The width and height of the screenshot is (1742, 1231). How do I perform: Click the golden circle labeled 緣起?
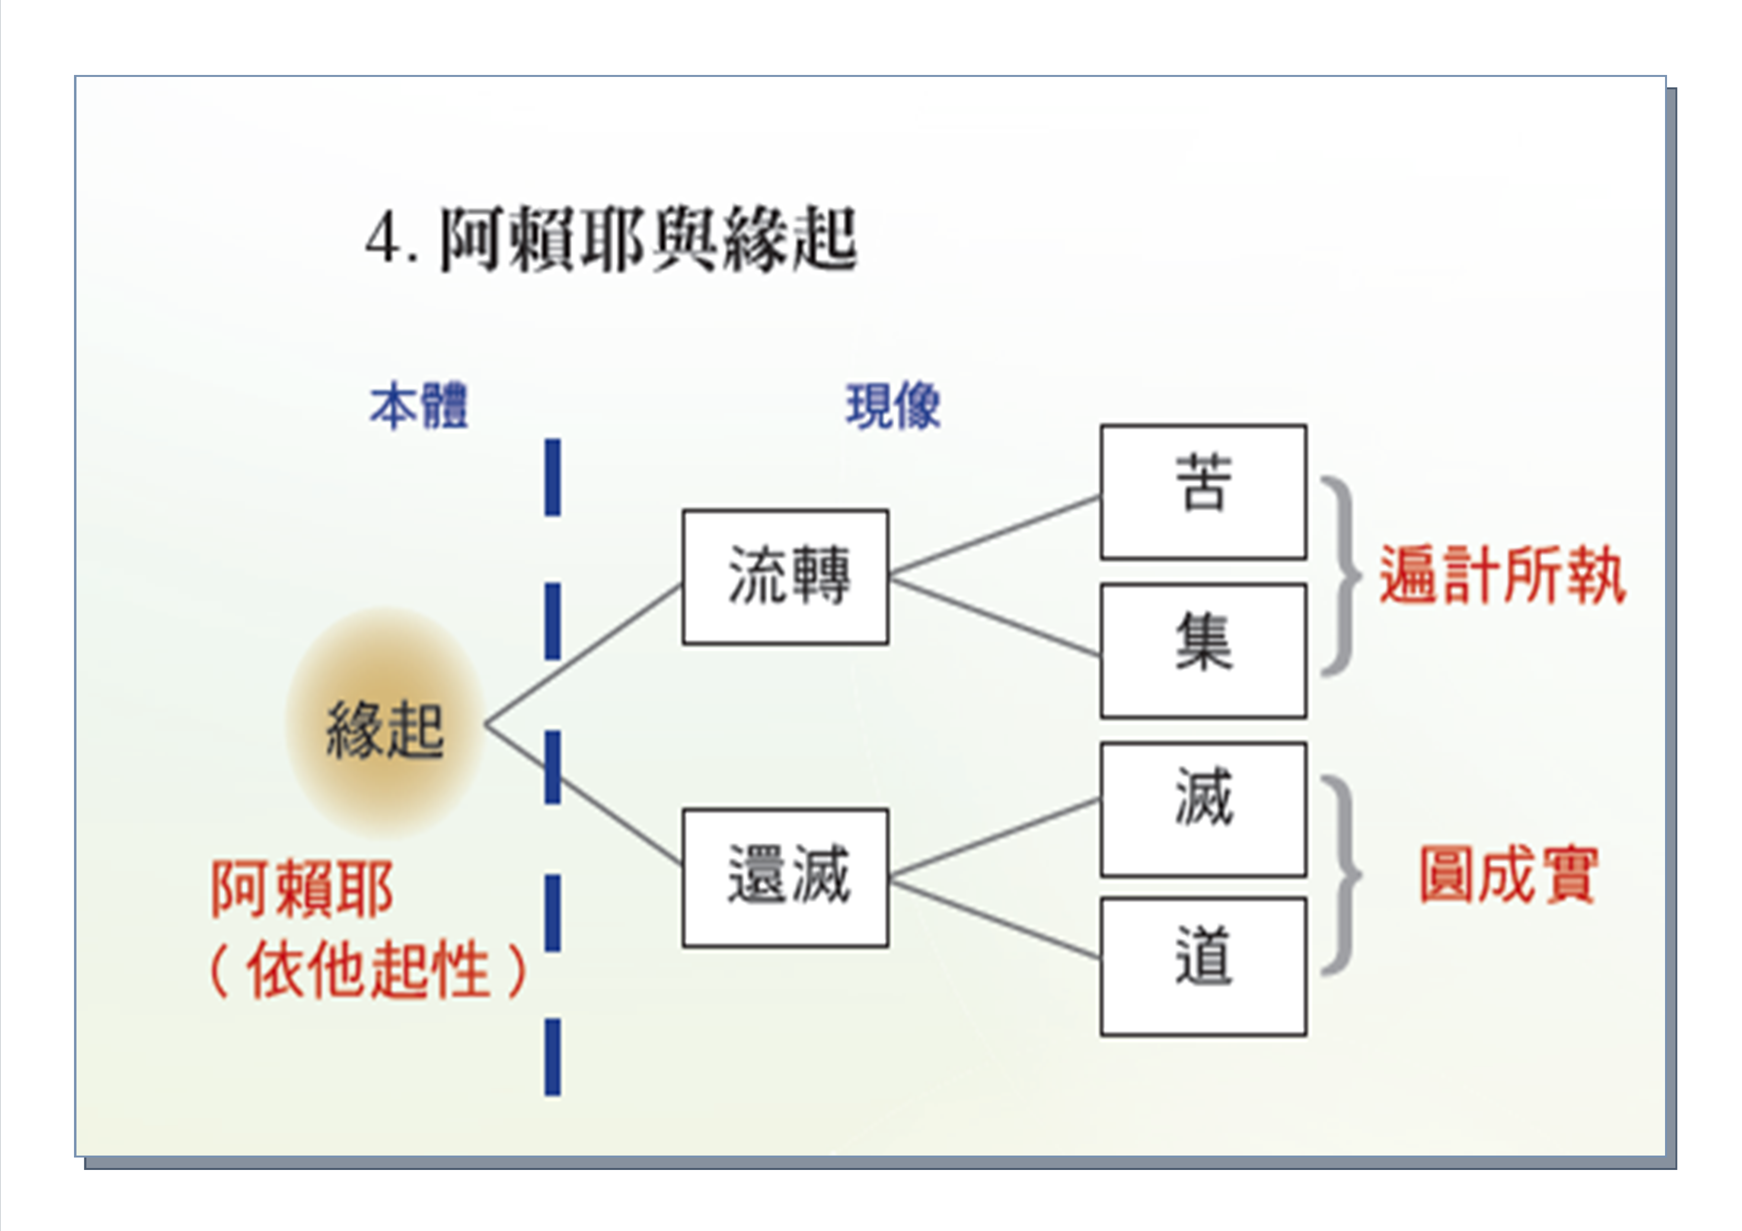[x=385, y=724]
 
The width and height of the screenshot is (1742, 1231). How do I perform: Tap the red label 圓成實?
[x=1508, y=875]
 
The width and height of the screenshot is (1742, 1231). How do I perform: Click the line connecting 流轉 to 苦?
[x=995, y=535]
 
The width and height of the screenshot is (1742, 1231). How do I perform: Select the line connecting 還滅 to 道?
[x=995, y=918]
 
